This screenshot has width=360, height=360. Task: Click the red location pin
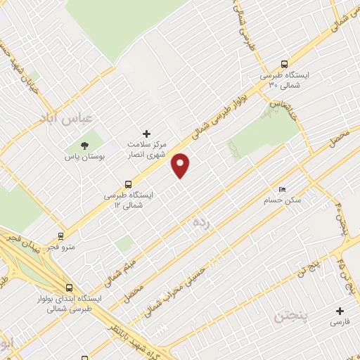point(181,165)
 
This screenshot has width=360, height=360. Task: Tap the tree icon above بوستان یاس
point(85,146)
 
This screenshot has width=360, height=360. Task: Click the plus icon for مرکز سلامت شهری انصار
point(146,133)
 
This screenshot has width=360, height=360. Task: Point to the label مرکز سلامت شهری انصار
point(146,148)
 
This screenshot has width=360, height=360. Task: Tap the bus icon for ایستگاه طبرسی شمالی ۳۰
point(283,63)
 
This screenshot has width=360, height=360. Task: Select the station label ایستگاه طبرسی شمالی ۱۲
point(127,200)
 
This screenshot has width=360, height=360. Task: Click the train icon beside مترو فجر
point(61,236)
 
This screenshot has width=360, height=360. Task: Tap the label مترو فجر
point(60,248)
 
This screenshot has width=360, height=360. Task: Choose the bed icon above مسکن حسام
point(283,189)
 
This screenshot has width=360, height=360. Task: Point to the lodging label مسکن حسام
point(283,200)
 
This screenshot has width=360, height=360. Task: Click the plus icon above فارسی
point(340,310)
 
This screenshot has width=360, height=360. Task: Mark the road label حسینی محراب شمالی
point(176,288)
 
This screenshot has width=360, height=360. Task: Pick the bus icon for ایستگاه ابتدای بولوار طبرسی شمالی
point(69,287)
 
